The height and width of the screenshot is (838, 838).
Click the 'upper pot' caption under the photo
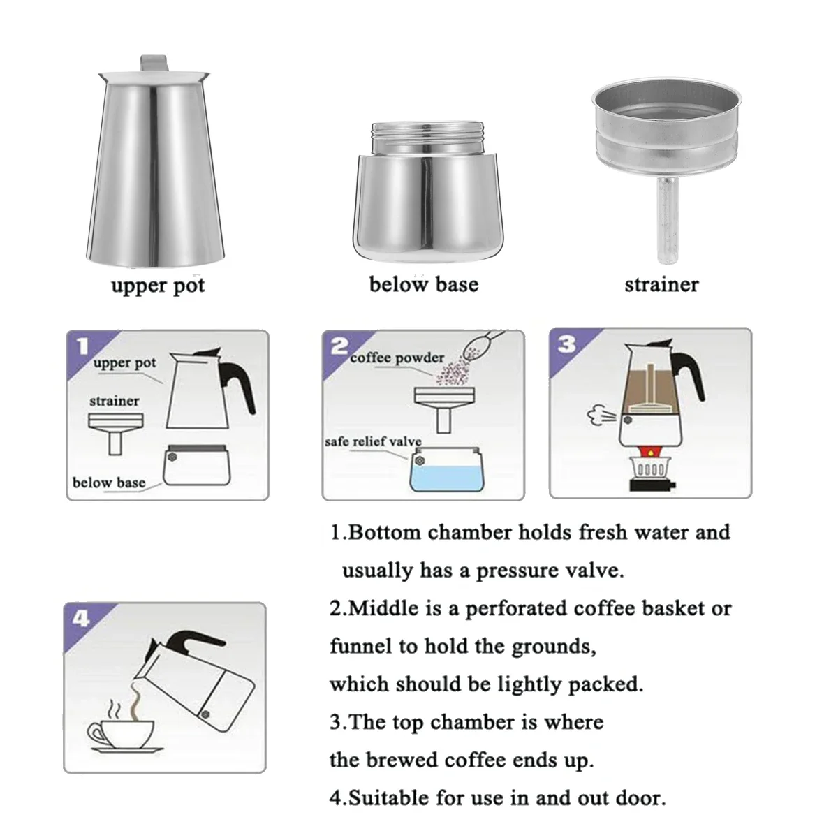[158, 286]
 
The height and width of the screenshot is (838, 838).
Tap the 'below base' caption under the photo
[423, 284]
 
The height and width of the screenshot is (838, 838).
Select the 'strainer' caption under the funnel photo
[661, 284]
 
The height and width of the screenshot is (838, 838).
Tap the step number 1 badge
[82, 346]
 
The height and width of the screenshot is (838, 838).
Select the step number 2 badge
[339, 346]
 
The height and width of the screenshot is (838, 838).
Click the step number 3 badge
[567, 345]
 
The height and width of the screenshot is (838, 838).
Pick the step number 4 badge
[81, 619]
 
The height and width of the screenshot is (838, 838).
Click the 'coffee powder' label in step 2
[397, 358]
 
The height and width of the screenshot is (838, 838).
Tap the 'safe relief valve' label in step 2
[373, 441]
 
